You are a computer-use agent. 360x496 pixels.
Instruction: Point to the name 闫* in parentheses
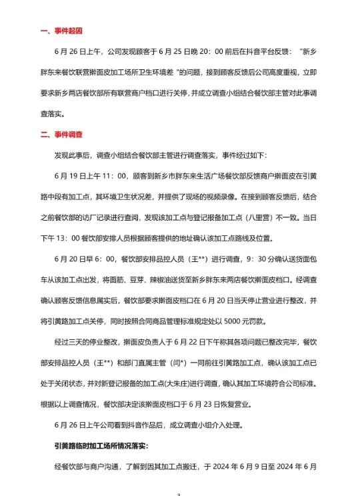(204, 363)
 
